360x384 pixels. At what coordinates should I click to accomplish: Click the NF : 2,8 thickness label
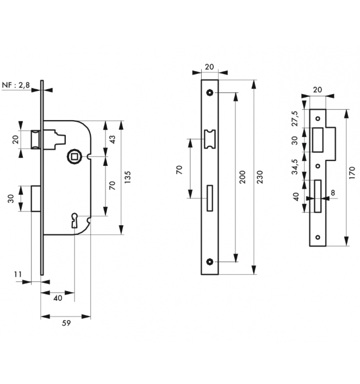click(x=16, y=85)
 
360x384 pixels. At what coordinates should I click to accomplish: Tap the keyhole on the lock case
click(x=75, y=220)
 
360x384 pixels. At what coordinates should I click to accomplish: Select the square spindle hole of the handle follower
click(x=74, y=157)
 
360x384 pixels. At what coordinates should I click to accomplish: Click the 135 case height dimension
click(x=128, y=177)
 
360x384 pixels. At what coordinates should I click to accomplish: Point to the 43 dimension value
click(x=112, y=140)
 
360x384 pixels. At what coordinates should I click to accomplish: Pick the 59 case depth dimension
click(x=66, y=323)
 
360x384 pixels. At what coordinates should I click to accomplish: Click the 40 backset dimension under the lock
click(x=58, y=298)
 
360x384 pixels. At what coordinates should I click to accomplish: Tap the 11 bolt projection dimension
click(x=17, y=274)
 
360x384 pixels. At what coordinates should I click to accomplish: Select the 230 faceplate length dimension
click(x=260, y=177)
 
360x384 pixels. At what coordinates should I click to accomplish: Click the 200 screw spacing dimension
click(x=242, y=177)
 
